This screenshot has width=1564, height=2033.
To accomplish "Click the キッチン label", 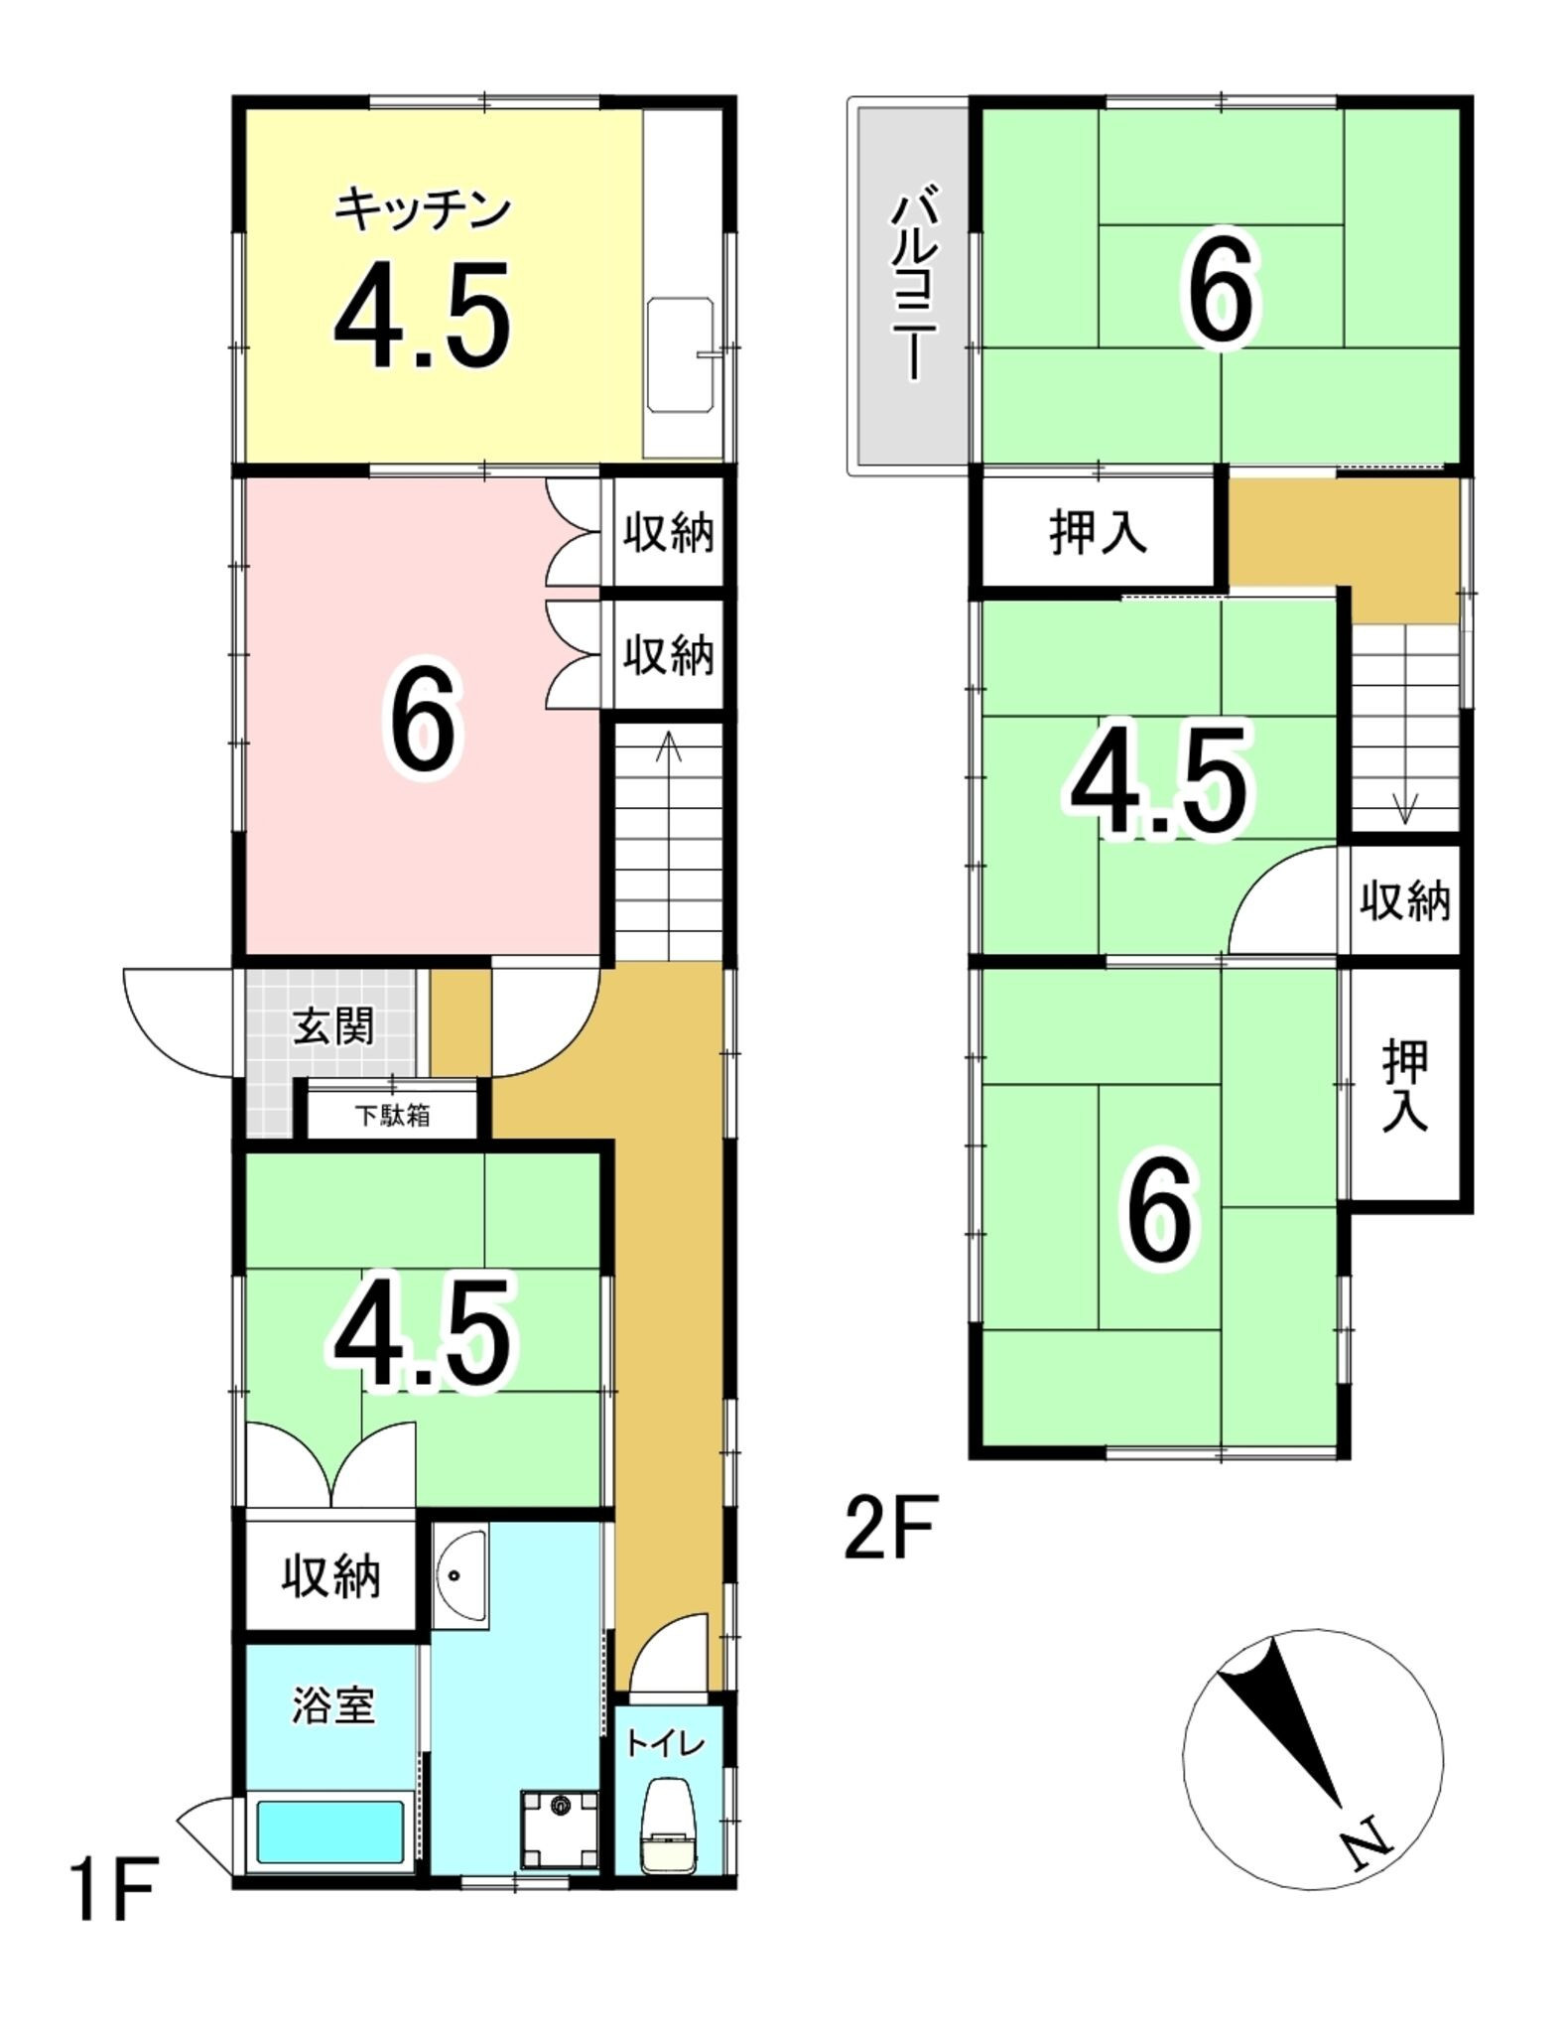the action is [x=423, y=210].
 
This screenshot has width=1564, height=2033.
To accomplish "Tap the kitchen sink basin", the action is [x=681, y=354].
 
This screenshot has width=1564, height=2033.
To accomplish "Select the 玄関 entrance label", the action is [x=333, y=1026].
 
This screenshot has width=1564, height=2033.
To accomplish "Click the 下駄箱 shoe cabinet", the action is [x=393, y=1116].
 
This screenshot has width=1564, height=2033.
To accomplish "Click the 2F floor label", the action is [x=890, y=1528].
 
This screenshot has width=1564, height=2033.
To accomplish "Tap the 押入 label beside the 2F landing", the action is [x=1098, y=533].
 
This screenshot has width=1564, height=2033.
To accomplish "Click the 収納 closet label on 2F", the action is [x=1404, y=901].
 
